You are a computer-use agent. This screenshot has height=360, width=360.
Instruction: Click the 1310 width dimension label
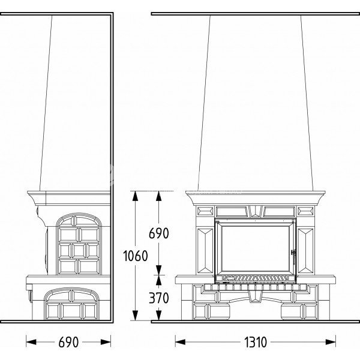click(255, 342)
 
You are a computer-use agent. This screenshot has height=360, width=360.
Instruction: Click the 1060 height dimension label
click(136, 256)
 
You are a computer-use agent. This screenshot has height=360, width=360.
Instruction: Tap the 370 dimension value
click(159, 298)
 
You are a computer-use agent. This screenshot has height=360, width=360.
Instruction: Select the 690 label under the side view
click(68, 342)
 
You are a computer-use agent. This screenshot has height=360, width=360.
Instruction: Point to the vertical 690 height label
click(159, 233)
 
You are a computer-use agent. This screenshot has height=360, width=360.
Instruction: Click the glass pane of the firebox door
click(255, 248)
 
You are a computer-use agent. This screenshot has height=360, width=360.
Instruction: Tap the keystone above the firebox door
click(255, 211)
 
